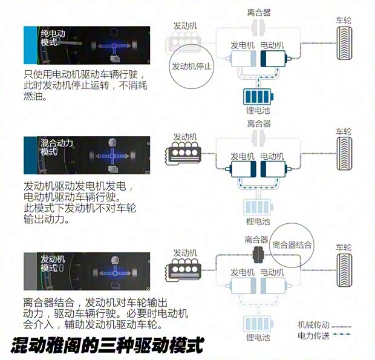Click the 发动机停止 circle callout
click(x=192, y=67)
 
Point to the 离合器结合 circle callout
click(x=292, y=245)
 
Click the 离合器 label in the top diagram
click(x=259, y=12)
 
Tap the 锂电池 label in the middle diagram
click(x=258, y=222)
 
